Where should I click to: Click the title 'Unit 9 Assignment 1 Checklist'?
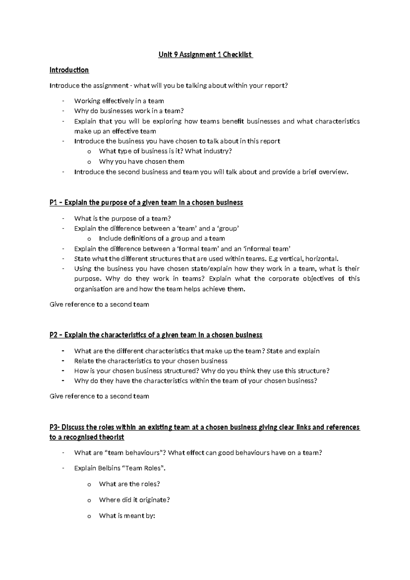(x=205, y=54)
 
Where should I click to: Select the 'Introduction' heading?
(x=69, y=70)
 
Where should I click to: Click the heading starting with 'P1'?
(x=146, y=202)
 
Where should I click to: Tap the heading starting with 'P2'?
(x=156, y=335)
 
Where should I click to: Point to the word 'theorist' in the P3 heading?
(x=111, y=437)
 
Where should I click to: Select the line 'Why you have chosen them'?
(x=141, y=161)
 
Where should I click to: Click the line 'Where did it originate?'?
(x=134, y=500)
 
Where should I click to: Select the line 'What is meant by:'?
(x=127, y=516)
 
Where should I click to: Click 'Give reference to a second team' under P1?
(x=99, y=304)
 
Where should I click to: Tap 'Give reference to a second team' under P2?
(x=99, y=396)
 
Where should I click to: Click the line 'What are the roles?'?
(x=129, y=484)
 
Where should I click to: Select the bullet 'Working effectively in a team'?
(x=119, y=101)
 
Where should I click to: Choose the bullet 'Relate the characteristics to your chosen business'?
(x=151, y=361)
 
